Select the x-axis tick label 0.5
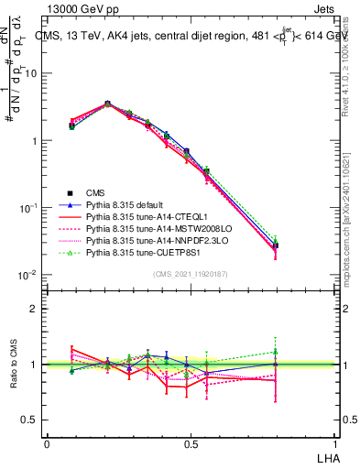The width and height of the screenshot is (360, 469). (191, 444)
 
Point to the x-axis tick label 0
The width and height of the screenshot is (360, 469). (47, 444)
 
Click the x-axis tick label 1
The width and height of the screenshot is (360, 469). (333, 444)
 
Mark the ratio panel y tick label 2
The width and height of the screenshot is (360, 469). (34, 309)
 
